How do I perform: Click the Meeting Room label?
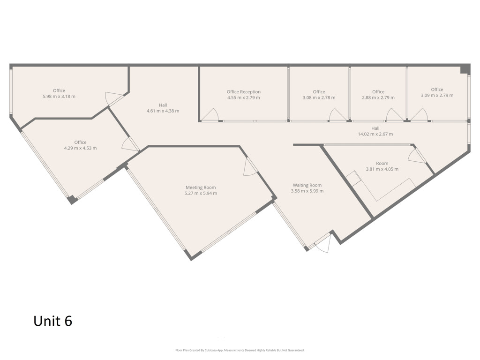201,187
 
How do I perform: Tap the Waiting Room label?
307,185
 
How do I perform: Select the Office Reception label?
244,92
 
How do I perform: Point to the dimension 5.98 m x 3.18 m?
59,97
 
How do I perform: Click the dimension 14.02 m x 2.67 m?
375,134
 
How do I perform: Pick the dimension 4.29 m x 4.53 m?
80,148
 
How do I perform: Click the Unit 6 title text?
52,321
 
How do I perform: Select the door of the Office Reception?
210,114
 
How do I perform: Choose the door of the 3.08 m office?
337,114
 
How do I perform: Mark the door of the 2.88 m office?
395,114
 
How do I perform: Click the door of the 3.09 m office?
419,114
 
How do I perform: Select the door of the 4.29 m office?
130,144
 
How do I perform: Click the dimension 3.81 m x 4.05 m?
382,169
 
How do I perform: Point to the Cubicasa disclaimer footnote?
240,350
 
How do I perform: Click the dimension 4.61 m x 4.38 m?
163,111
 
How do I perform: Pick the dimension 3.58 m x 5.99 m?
307,191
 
